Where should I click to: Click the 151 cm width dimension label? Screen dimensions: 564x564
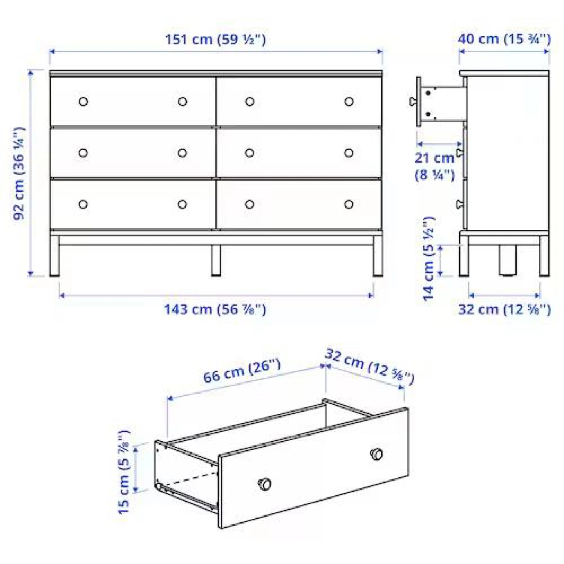pyautogui.click(x=215, y=40)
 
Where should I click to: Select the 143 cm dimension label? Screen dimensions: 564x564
pyautogui.click(x=215, y=309)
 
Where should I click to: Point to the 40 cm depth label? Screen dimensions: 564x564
pyautogui.click(x=504, y=39)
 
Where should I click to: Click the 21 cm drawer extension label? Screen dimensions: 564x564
pyautogui.click(x=434, y=166)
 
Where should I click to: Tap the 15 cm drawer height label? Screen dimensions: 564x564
pyautogui.click(x=123, y=472)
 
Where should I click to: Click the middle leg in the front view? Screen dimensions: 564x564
pyautogui.click(x=216, y=260)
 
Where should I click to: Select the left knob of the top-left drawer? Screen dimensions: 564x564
pyautogui.click(x=83, y=101)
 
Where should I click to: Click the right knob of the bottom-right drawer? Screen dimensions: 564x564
pyautogui.click(x=349, y=204)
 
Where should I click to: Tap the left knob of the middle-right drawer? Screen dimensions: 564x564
pyautogui.click(x=249, y=153)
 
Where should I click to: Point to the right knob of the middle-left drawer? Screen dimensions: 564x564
pyautogui.click(x=183, y=153)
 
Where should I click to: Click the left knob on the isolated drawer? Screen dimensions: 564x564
pyautogui.click(x=265, y=484)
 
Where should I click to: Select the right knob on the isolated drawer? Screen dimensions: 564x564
pyautogui.click(x=376, y=454)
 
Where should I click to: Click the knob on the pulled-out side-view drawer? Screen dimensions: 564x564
pyautogui.click(x=413, y=101)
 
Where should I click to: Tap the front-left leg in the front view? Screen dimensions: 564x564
pyautogui.click(x=54, y=255)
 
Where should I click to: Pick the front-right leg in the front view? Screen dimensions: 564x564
pyautogui.click(x=378, y=255)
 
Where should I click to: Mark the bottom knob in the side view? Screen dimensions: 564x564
pyautogui.click(x=459, y=204)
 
